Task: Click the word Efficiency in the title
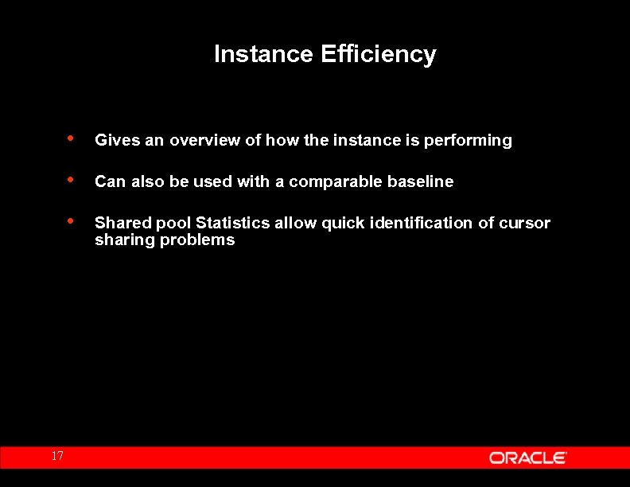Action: [x=378, y=54]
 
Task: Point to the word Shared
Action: [x=121, y=223]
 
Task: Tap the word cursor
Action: [x=524, y=223]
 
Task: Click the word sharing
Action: [x=125, y=240]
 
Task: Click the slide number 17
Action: [x=56, y=456]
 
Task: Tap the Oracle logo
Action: [x=527, y=458]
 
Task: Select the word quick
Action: [x=343, y=223]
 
